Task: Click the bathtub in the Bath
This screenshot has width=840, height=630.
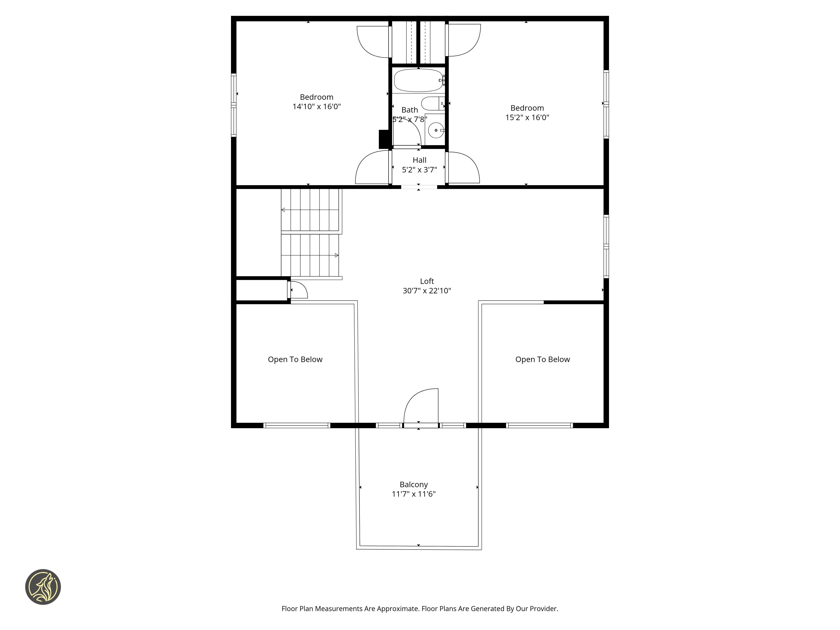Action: tap(418, 80)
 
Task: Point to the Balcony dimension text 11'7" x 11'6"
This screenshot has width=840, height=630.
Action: tap(413, 494)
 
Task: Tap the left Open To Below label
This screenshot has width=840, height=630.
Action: tap(295, 360)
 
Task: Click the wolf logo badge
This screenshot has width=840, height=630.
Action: tap(43, 587)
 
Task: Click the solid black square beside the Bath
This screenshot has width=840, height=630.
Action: tap(384, 139)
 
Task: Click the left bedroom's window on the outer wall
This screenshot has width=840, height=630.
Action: tap(234, 105)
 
